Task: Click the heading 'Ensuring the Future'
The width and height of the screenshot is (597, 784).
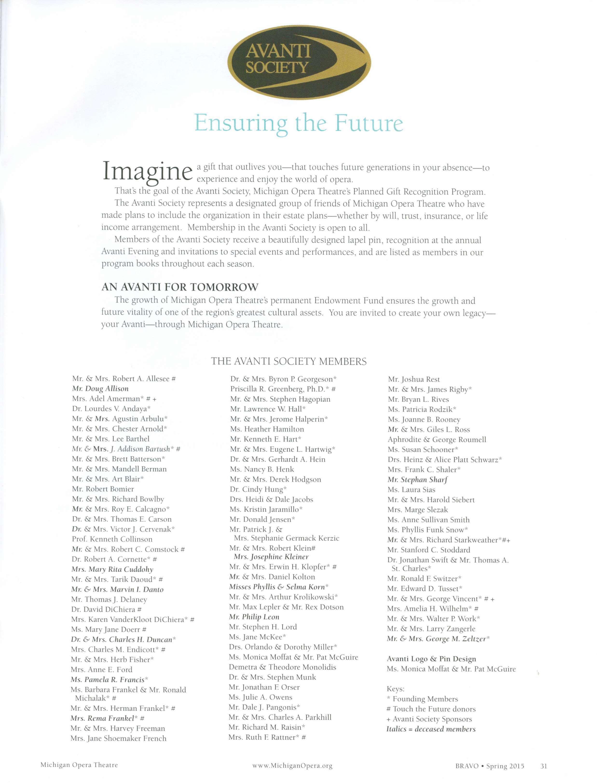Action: pos(299,123)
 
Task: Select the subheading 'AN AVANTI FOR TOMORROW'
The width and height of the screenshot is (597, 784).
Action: pos(180,287)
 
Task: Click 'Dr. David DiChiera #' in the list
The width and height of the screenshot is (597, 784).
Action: pos(107,609)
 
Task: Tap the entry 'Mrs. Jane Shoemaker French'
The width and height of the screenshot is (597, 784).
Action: pos(119,738)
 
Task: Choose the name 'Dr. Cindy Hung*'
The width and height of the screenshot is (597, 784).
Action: pos(258,489)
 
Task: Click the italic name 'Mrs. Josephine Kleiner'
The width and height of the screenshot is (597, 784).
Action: pos(271,557)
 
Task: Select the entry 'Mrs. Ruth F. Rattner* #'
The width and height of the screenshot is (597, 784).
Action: pos(267,737)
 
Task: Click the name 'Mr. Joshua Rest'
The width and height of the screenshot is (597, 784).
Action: pos(414,379)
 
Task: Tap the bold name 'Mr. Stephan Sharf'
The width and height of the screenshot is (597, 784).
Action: pos(418,479)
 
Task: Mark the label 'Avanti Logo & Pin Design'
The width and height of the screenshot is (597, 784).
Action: pos(431,659)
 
